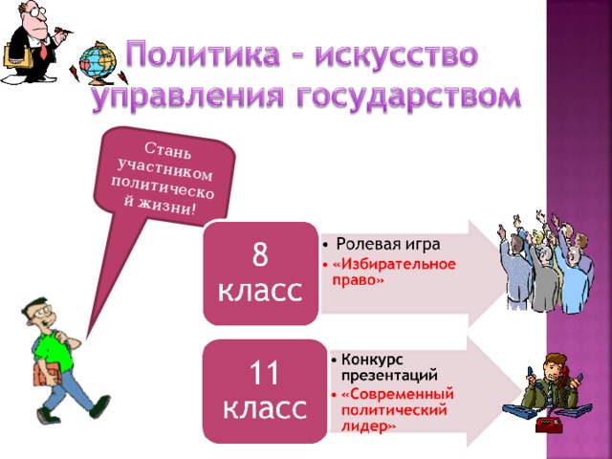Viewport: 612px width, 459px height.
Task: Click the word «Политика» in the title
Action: [196, 55]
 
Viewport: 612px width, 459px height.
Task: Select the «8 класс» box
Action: [261, 272]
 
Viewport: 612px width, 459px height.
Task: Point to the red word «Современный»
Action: [397, 392]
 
